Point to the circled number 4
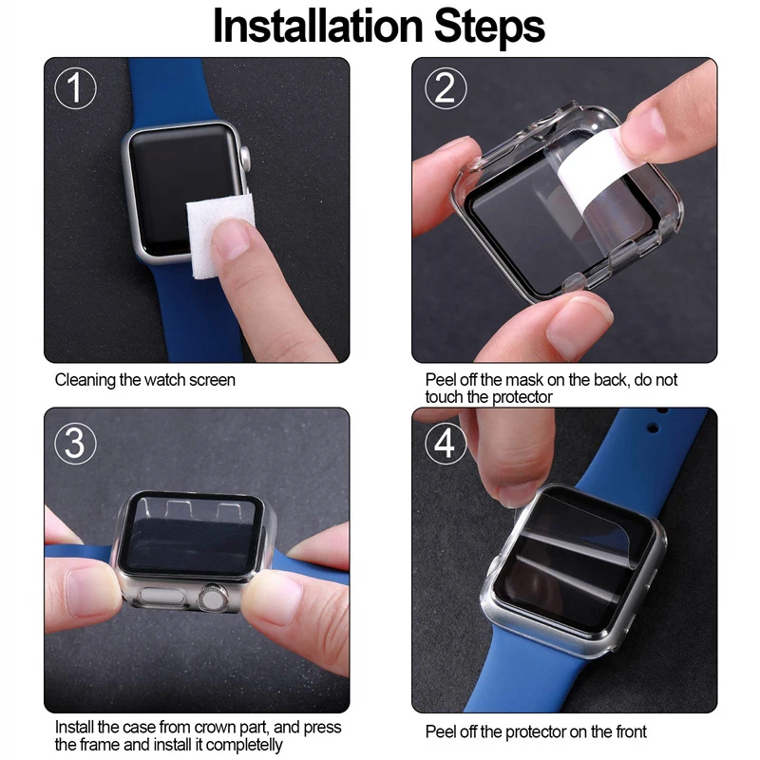point(444,441)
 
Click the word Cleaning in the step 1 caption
point(85,380)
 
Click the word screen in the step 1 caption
point(212,380)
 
